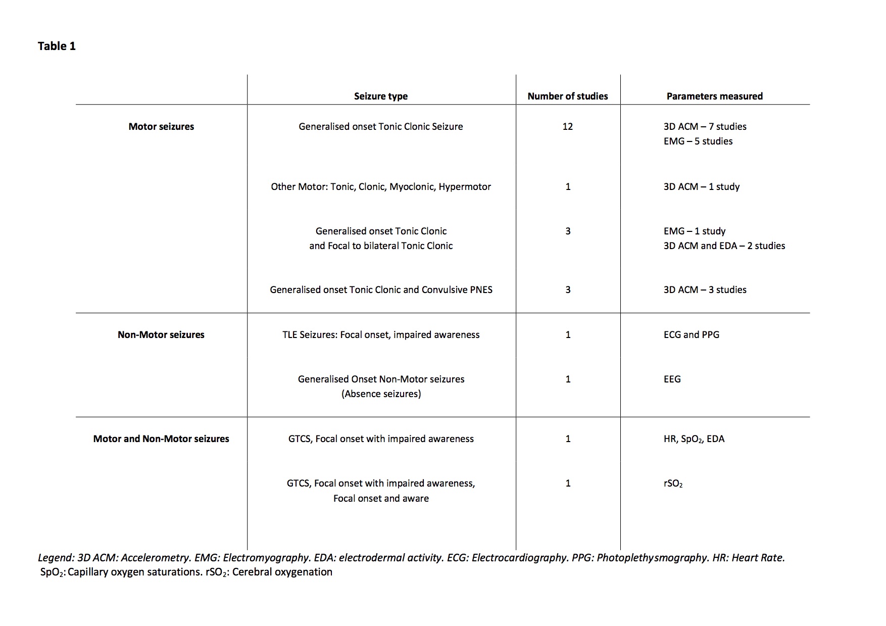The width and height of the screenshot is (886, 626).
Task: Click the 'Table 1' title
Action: pos(57,46)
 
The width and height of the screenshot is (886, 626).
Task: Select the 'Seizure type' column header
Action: pos(381,96)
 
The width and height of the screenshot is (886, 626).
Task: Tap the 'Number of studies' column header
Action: pos(568,96)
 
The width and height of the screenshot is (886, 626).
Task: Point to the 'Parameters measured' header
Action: pos(714,96)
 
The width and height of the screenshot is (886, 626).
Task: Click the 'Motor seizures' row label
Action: pos(161,126)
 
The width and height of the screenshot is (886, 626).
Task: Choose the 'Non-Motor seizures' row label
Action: pos(161,334)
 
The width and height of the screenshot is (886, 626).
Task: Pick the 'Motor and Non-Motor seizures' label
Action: pos(161,439)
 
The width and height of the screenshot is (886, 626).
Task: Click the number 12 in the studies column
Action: pos(568,126)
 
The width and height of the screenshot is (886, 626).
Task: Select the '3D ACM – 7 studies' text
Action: pos(705,126)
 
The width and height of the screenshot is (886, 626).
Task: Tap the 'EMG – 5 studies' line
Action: pos(698,141)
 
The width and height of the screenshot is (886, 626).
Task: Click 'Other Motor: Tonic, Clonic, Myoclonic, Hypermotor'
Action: pos(381,186)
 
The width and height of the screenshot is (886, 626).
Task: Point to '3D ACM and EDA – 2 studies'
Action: pos(724,246)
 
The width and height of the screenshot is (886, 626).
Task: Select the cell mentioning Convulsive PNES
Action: pos(381,290)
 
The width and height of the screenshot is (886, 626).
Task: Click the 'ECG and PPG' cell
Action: pos(691,334)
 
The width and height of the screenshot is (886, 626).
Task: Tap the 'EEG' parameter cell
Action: pos(672,379)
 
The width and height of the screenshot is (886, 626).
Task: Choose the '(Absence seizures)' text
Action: pos(381,394)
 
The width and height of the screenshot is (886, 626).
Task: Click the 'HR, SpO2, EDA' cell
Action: pos(694,439)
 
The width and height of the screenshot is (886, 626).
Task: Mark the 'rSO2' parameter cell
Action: pos(673,484)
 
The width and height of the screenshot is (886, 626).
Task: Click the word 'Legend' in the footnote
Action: pos(56,558)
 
